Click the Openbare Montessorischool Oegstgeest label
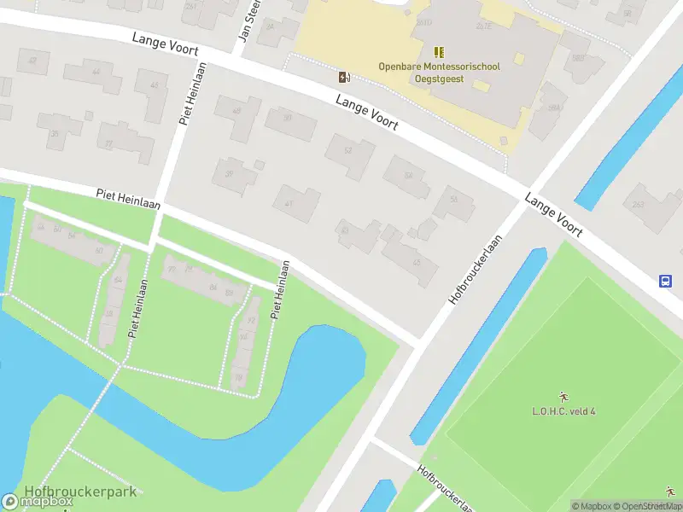click(440, 73)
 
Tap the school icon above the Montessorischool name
click(439, 53)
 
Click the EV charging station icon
click(345, 78)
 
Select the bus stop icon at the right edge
click(665, 281)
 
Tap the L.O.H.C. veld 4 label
click(563, 411)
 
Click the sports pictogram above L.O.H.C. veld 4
click(563, 396)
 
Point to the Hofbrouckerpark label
click(80, 492)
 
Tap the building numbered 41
click(295, 203)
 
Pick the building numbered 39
click(234, 175)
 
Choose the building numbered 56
click(453, 202)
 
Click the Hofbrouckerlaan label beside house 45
click(473, 271)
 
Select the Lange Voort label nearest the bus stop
click(553, 214)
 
